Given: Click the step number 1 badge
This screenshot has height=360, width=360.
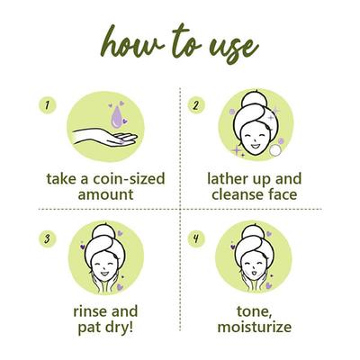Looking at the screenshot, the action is (48, 105).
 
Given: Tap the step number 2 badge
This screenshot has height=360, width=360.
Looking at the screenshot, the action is (196, 105).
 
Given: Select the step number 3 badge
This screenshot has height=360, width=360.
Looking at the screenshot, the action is (48, 239).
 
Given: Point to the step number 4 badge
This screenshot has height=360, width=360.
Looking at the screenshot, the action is (196, 239).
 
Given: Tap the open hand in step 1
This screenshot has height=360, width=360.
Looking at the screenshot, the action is (104, 138).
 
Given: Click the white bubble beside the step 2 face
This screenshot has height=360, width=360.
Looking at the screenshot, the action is (275, 150).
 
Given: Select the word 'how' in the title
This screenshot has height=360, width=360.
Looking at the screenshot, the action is (132, 42).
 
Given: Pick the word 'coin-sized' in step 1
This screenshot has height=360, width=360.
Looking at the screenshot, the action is (129, 179).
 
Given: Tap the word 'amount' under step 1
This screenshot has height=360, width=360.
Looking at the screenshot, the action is (105, 194).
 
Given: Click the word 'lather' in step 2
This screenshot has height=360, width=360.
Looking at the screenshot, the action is (227, 179).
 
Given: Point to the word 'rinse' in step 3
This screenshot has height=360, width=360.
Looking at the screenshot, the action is (90, 311).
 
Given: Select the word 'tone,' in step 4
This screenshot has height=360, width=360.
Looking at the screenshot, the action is (255, 312).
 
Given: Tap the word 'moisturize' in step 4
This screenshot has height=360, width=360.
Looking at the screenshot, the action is (255, 327).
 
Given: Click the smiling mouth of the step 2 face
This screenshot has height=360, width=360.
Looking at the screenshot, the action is (255, 146).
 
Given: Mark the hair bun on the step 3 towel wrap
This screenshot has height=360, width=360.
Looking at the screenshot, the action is (102, 231).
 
